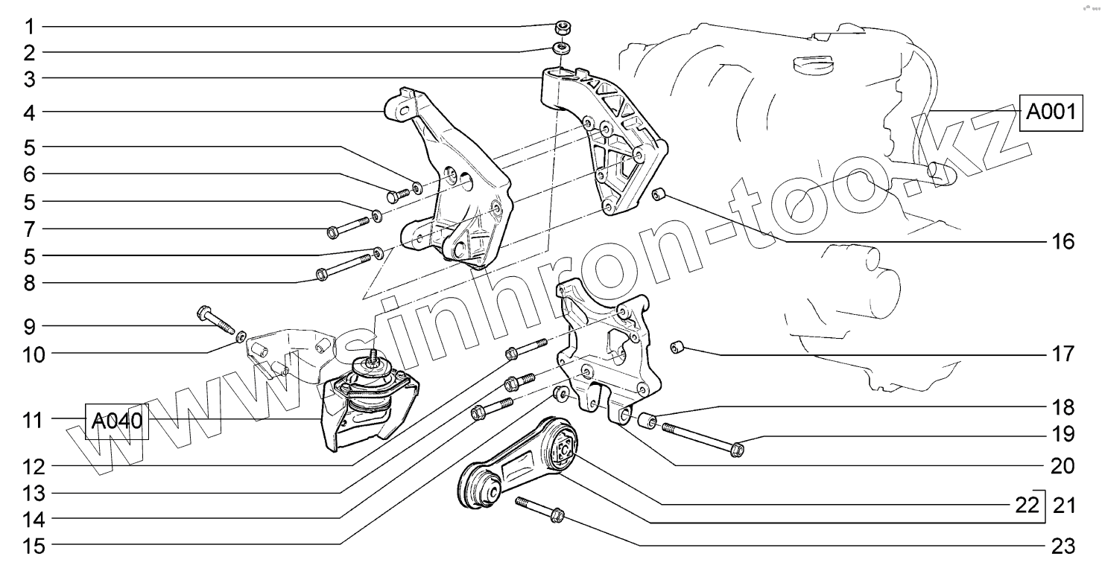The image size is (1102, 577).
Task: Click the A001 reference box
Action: (1051, 113)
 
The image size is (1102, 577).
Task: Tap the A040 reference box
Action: (117, 422)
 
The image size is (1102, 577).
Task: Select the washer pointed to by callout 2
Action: (563, 50)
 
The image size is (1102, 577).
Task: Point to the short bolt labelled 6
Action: (399, 195)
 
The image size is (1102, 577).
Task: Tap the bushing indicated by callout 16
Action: (659, 195)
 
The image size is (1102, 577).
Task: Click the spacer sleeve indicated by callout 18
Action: (647, 421)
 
